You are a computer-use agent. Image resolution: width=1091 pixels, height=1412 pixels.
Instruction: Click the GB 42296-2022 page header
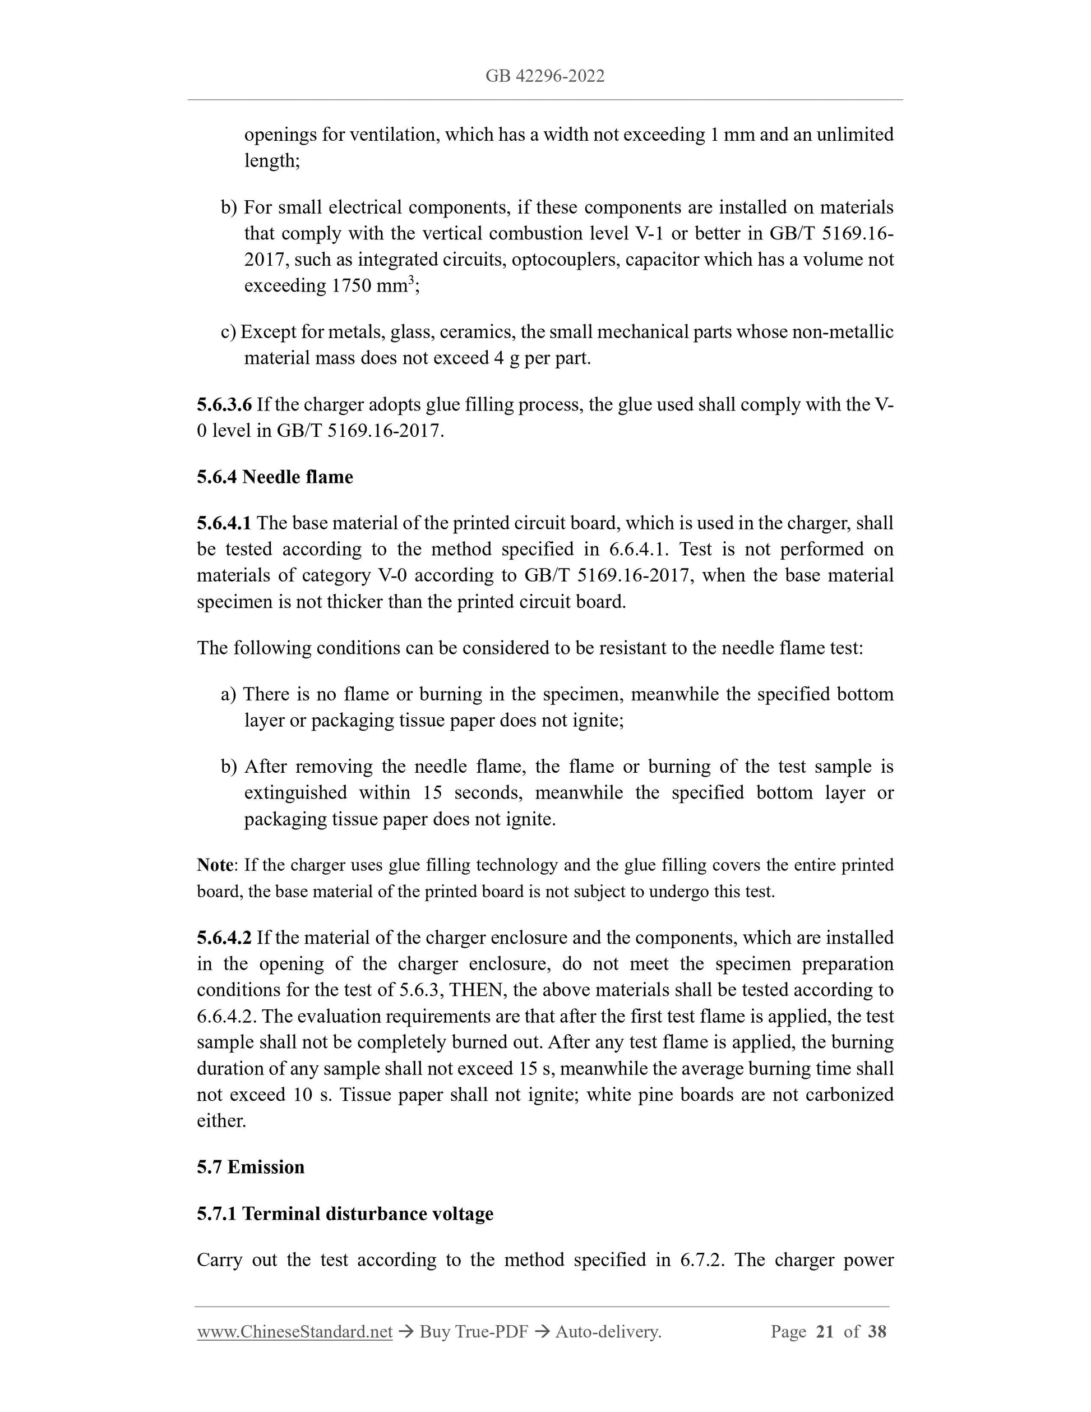click(x=545, y=76)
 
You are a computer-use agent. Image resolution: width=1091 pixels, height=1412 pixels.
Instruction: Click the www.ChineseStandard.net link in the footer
click(x=295, y=1331)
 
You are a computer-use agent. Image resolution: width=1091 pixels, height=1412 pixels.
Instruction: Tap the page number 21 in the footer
click(x=825, y=1331)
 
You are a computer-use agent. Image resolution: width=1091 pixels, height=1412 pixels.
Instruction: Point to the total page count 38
click(x=877, y=1331)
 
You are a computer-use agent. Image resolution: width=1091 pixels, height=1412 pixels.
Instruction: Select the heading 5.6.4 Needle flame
click(x=275, y=477)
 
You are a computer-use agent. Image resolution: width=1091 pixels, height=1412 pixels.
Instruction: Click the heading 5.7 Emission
click(x=250, y=1167)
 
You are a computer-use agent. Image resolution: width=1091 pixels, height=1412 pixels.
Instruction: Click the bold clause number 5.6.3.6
click(x=224, y=405)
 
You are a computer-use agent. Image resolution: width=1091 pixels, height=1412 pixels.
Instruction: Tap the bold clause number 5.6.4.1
click(x=224, y=523)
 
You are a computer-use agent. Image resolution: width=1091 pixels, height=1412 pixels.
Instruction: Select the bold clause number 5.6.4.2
click(x=224, y=938)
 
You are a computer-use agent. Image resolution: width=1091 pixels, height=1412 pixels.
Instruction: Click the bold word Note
click(x=215, y=865)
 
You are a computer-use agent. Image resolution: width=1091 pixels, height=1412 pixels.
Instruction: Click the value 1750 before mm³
click(x=352, y=286)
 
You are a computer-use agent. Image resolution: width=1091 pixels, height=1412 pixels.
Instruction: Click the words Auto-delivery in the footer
click(x=608, y=1331)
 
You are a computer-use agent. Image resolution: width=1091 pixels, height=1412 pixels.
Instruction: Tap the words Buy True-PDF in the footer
click(x=474, y=1331)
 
